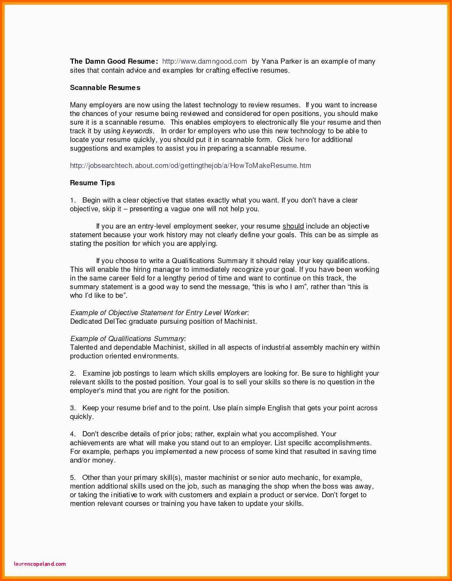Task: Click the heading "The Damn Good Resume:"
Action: (114, 62)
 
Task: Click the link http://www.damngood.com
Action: (204, 62)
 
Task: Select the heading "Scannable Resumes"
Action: (105, 88)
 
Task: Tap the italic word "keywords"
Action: (138, 131)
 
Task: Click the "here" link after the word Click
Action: (302, 140)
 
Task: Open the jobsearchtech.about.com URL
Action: (190, 166)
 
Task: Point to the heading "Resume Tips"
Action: (92, 183)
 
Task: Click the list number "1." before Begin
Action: (73, 200)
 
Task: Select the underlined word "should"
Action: (293, 226)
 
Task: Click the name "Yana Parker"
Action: (281, 62)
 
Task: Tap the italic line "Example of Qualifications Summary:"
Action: (128, 339)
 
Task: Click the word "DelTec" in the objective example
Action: (116, 321)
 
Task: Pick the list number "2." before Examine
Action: (73, 373)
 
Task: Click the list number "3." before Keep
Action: (73, 408)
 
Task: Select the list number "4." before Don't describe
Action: (73, 434)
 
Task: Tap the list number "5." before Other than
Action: (73, 477)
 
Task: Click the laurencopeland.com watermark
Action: (40, 564)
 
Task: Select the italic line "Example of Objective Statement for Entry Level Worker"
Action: (159, 313)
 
